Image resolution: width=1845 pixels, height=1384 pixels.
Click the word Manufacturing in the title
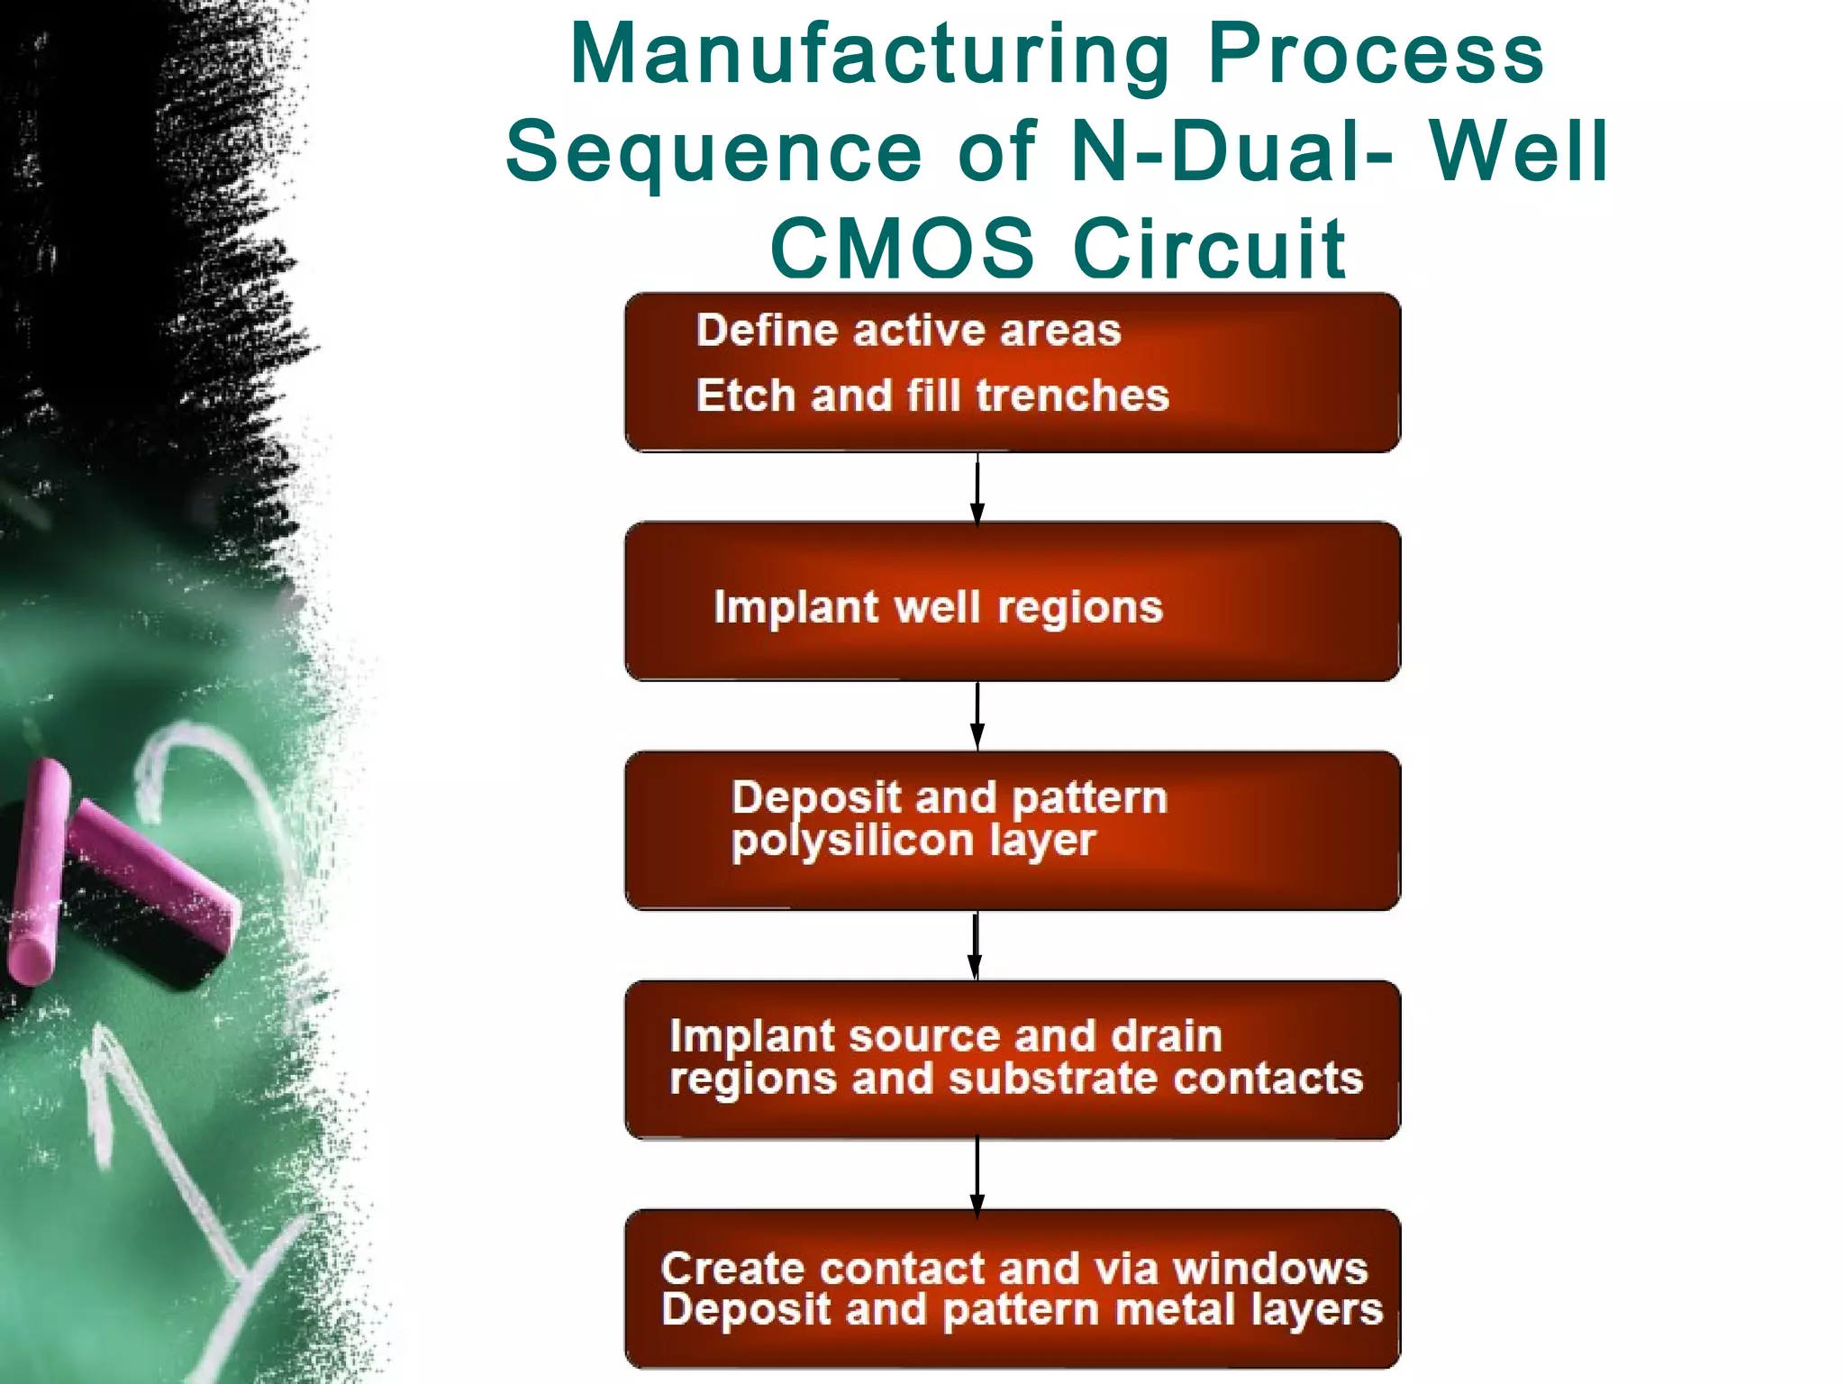click(x=870, y=56)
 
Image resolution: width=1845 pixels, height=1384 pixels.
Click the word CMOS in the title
click(x=903, y=249)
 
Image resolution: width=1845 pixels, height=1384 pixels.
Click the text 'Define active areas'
click(x=908, y=331)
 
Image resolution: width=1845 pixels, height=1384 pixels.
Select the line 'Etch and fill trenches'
click(x=932, y=396)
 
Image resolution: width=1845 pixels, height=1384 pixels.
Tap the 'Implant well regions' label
click(x=938, y=607)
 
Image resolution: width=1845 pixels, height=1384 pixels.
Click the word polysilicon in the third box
click(x=852, y=842)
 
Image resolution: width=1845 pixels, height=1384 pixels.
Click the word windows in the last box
click(x=1270, y=1269)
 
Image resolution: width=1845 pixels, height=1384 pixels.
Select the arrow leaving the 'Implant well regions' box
click(x=977, y=716)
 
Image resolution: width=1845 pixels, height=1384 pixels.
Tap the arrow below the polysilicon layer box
click(x=975, y=945)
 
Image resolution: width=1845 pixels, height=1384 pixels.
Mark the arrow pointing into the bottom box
click(x=977, y=1175)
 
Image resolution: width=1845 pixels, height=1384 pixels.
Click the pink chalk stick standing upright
click(x=37, y=870)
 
